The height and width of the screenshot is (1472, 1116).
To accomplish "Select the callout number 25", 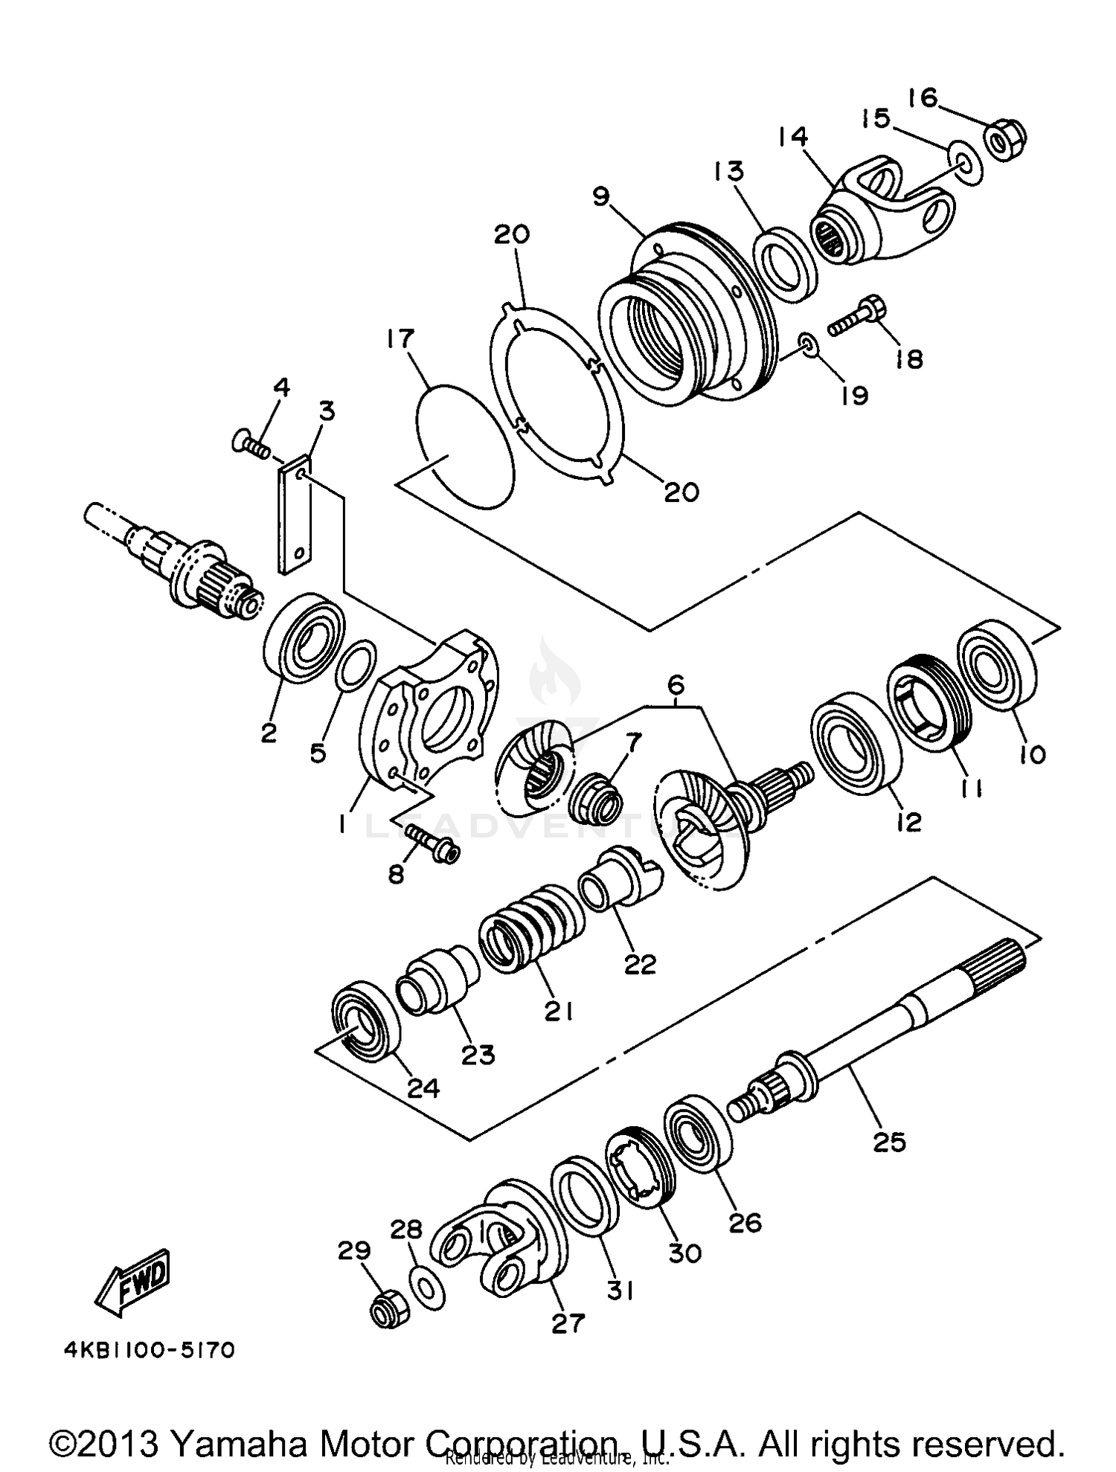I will point(889,1142).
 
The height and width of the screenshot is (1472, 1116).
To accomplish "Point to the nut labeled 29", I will point(388,1314).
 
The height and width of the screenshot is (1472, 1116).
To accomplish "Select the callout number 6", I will point(675,684).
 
